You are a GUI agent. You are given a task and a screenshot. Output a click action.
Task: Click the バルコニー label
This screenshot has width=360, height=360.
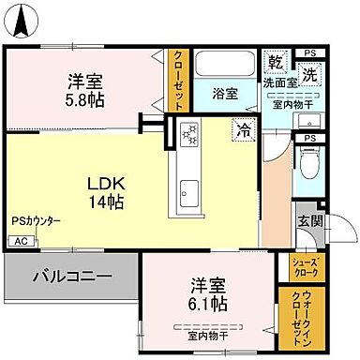pyautogui.click(x=73, y=277)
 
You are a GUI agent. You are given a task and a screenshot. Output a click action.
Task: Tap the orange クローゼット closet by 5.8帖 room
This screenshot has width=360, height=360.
pyautogui.click(x=177, y=81)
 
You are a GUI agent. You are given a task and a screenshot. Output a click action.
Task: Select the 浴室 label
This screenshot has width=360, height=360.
pyautogui.click(x=224, y=94)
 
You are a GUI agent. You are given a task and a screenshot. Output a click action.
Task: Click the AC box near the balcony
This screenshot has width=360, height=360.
pyautogui.click(x=20, y=241)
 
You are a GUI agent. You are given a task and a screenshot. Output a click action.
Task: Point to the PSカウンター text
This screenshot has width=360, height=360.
pyautogui.click(x=37, y=221)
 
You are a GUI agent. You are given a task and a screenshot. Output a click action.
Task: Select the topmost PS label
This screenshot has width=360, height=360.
pyautogui.click(x=310, y=52)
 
